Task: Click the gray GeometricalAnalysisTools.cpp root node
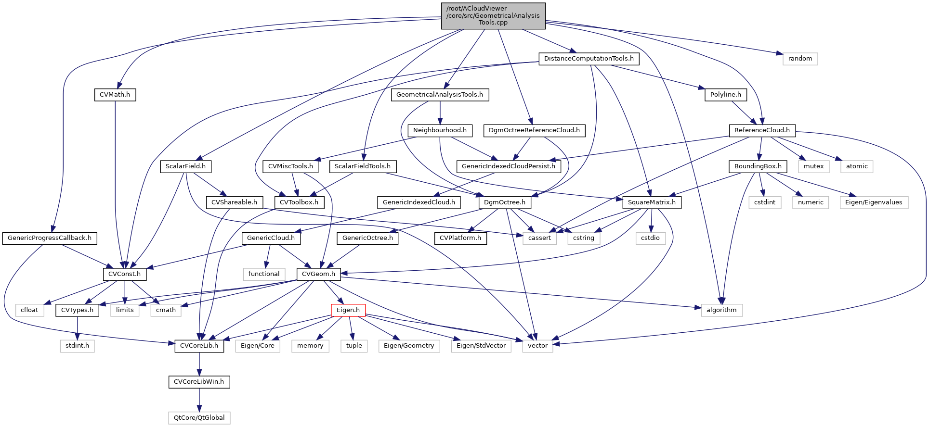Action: (x=493, y=16)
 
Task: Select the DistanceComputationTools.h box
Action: (x=589, y=59)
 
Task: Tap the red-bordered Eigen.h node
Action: (x=348, y=310)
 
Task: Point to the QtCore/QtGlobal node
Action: (x=199, y=417)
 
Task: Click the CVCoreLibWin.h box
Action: (x=199, y=382)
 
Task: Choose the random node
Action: (x=800, y=59)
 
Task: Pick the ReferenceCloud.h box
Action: (x=762, y=130)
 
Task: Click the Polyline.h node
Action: (x=725, y=95)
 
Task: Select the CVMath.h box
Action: (x=115, y=95)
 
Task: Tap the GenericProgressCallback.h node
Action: (x=50, y=238)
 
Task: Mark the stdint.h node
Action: (x=77, y=346)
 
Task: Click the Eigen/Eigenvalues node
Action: (x=874, y=202)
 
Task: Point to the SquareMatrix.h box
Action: (x=652, y=202)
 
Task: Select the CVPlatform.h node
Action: (x=460, y=238)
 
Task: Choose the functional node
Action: (x=263, y=274)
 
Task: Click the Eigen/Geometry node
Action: (x=409, y=346)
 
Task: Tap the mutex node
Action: (x=813, y=166)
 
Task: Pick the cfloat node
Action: (x=29, y=310)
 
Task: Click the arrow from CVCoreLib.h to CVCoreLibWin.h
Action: (x=199, y=364)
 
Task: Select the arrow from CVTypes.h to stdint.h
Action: (x=78, y=328)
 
